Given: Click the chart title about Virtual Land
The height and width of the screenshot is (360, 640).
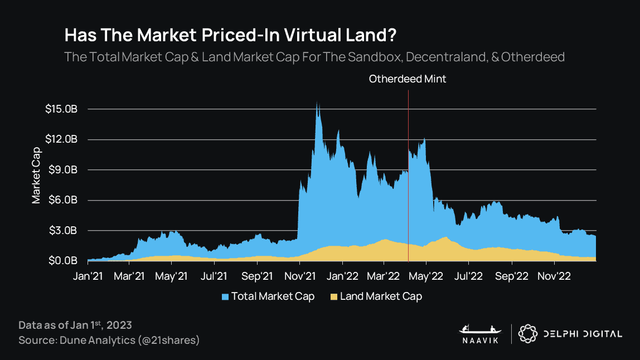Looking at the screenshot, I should tap(231, 35).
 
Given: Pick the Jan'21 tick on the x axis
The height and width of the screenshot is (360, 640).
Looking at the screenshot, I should tap(88, 276).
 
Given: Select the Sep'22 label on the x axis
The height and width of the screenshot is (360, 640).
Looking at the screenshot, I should tap(511, 276).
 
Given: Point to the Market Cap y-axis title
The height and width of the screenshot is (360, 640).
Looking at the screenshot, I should tap(36, 175).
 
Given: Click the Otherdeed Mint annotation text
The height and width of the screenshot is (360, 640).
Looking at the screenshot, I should tap(408, 79).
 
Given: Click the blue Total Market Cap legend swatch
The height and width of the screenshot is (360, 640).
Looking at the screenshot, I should tap(225, 296).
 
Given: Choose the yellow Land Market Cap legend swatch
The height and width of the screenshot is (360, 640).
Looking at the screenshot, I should tap(334, 296).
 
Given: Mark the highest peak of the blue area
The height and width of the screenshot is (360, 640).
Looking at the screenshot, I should tap(317, 102).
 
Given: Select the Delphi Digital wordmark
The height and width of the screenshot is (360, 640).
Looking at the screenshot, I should tap(583, 334).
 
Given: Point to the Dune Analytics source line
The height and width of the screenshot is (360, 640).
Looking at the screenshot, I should tap(109, 340).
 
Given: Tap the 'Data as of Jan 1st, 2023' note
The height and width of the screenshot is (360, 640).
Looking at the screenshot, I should tap(75, 325).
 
